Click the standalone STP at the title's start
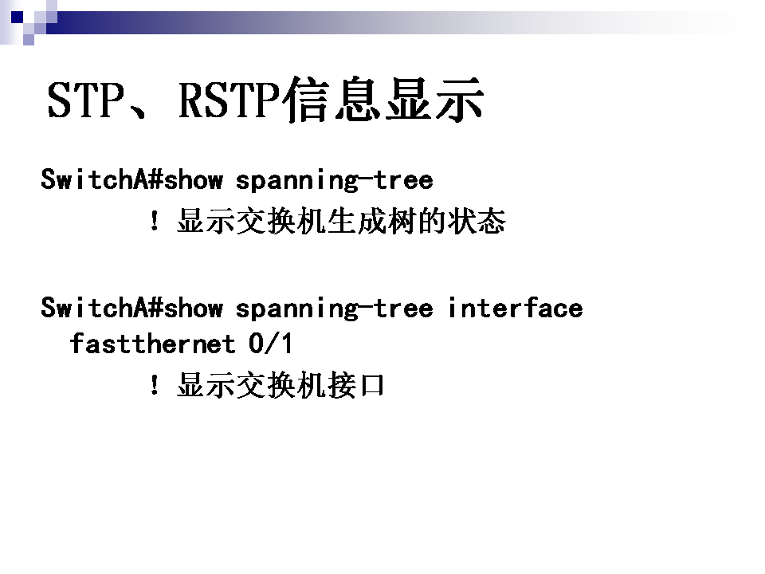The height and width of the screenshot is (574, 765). (x=86, y=100)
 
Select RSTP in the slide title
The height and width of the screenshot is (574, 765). (x=229, y=100)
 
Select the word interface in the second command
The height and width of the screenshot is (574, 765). (x=516, y=308)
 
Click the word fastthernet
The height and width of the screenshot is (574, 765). (x=153, y=343)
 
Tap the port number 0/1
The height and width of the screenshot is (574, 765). (x=271, y=343)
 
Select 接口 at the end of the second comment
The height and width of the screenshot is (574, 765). (x=356, y=385)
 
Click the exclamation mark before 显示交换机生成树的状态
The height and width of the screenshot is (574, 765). (x=154, y=221)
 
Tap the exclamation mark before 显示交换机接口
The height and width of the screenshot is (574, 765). (x=154, y=384)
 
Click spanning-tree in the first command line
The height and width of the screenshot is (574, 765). (x=334, y=180)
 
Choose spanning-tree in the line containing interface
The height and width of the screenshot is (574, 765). (x=334, y=308)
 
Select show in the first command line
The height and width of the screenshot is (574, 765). (x=194, y=179)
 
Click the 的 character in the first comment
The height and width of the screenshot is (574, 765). (x=432, y=221)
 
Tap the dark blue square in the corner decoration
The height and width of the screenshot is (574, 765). (x=17, y=17)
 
